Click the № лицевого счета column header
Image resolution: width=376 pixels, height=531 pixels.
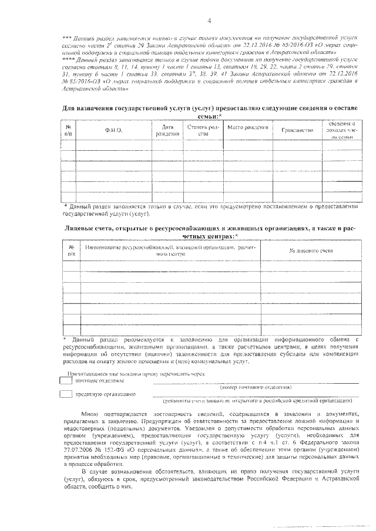pyautogui.click(x=311, y=251)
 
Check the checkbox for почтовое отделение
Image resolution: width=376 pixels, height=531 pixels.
pyautogui.click(x=66, y=381)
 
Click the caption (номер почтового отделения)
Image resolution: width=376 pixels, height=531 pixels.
pyautogui.click(x=255, y=388)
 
